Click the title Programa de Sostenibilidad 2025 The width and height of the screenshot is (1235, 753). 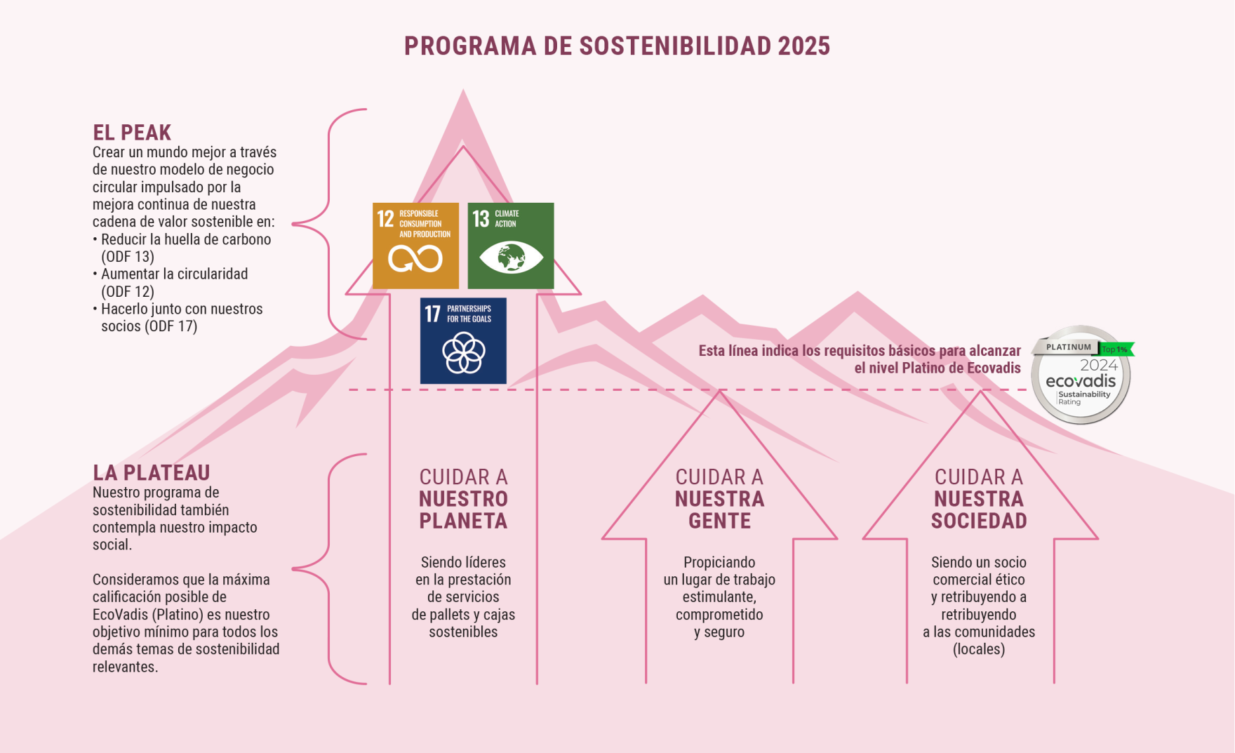point(617,46)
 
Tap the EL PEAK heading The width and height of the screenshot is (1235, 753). point(132,133)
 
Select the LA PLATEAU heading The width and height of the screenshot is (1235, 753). point(152,473)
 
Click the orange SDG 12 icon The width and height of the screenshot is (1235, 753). point(415,246)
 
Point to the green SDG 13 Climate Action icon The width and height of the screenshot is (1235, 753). point(511,246)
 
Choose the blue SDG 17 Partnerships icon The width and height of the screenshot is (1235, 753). point(463,341)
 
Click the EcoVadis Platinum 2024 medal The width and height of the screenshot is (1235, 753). point(1081,375)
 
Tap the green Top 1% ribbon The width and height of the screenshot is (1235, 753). point(1116,349)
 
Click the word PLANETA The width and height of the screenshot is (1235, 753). point(463,521)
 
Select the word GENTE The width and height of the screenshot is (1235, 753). point(719,521)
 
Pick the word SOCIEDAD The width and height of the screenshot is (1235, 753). point(979,521)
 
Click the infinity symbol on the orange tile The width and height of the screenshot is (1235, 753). point(415,259)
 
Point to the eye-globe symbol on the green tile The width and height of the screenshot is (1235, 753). point(511,258)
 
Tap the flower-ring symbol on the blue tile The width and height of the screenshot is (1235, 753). point(463,352)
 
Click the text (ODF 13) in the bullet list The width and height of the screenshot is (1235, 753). point(128,257)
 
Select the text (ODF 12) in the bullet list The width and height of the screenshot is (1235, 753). point(128,291)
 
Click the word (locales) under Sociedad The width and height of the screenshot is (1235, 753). point(979,649)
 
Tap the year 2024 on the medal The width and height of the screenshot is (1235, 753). point(1099,365)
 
